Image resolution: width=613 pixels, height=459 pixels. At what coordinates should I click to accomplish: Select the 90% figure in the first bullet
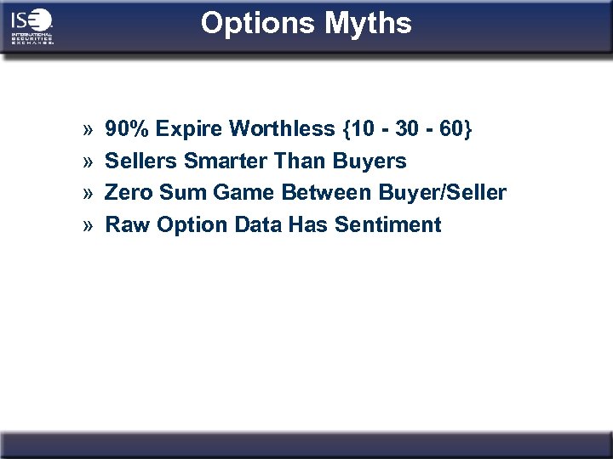point(126,129)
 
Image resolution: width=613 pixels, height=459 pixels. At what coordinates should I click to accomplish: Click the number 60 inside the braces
point(451,129)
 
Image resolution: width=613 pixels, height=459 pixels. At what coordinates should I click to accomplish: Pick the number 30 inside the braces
point(406,129)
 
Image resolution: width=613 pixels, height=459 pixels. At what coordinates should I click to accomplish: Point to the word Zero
point(126,193)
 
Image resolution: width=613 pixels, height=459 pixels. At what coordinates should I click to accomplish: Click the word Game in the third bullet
point(232,193)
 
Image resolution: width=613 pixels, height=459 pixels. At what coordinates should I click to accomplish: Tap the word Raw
point(124,225)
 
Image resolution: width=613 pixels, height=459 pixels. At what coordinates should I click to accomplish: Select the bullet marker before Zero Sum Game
point(88,194)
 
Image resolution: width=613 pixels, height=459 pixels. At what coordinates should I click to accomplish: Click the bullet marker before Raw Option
point(88,226)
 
